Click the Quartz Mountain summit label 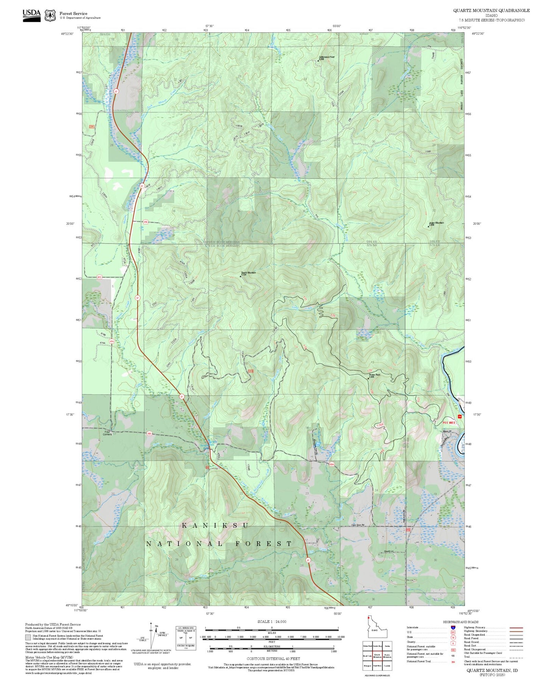coord(248,273)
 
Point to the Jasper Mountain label coord(436,223)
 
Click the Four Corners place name coord(107,433)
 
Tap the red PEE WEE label coord(450,422)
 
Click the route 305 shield coord(149,434)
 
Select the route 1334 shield coord(332,464)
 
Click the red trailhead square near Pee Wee coord(460,416)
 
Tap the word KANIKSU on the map coord(215,525)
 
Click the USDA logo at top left coord(31,15)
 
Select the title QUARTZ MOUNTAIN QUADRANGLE coord(491,11)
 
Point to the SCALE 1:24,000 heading coord(272,621)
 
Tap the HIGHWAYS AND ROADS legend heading coord(461,622)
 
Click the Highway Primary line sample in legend coord(516,628)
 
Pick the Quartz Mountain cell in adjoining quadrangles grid coord(377,656)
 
